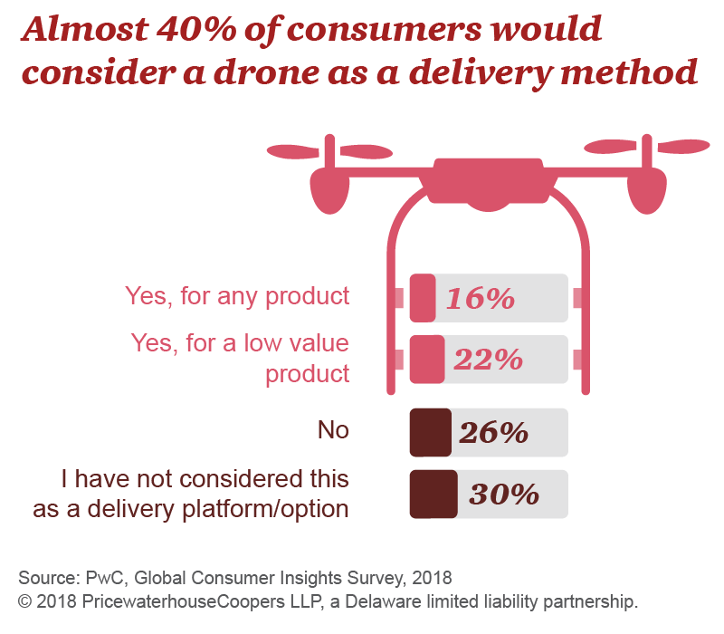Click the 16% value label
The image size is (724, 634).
click(478, 298)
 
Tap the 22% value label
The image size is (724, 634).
click(488, 360)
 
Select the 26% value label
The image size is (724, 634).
click(493, 432)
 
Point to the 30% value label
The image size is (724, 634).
click(504, 494)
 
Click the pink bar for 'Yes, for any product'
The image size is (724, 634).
click(422, 298)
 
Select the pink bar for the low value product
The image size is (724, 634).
click(426, 360)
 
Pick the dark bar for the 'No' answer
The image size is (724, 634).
click(430, 432)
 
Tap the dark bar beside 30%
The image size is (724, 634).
click(433, 494)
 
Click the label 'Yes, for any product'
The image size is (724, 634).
click(236, 296)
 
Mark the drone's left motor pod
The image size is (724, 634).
click(329, 190)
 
